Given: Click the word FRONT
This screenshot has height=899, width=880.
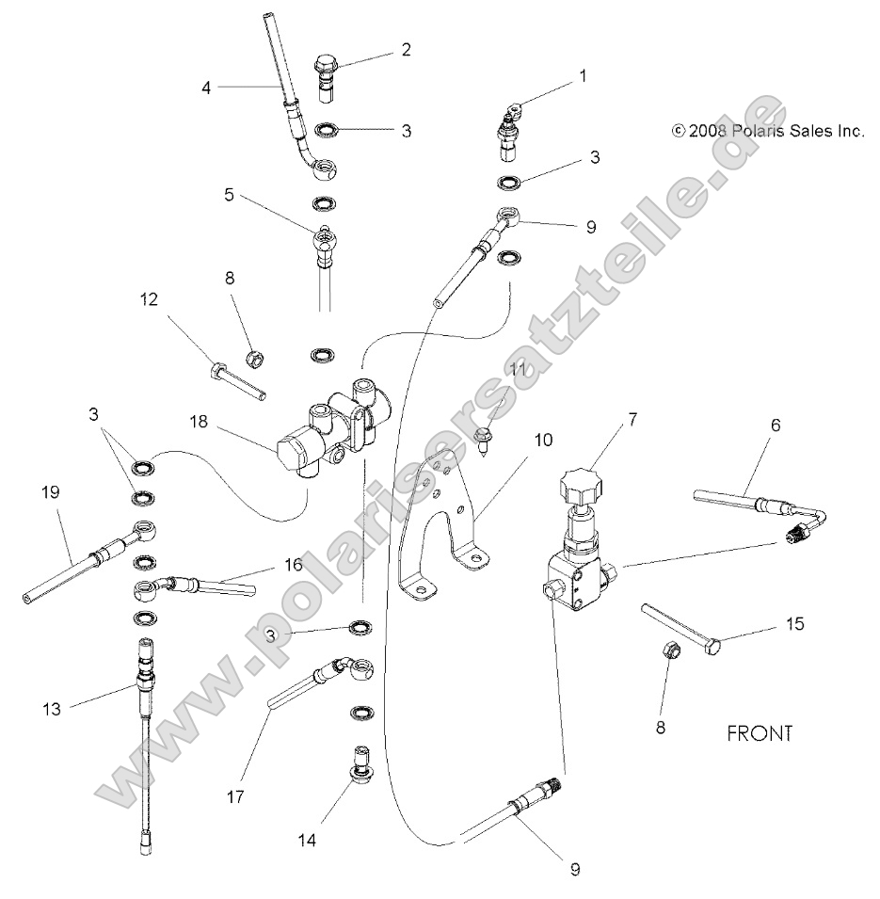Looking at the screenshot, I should click(760, 733).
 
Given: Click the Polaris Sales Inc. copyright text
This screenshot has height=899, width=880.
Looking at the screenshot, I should click(768, 132).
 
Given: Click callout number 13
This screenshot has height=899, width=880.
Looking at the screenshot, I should click(52, 709).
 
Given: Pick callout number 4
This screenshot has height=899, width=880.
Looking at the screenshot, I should click(205, 88).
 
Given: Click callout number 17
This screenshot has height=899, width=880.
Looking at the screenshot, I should click(235, 797).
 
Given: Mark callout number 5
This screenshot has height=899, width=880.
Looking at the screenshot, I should click(229, 197).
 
